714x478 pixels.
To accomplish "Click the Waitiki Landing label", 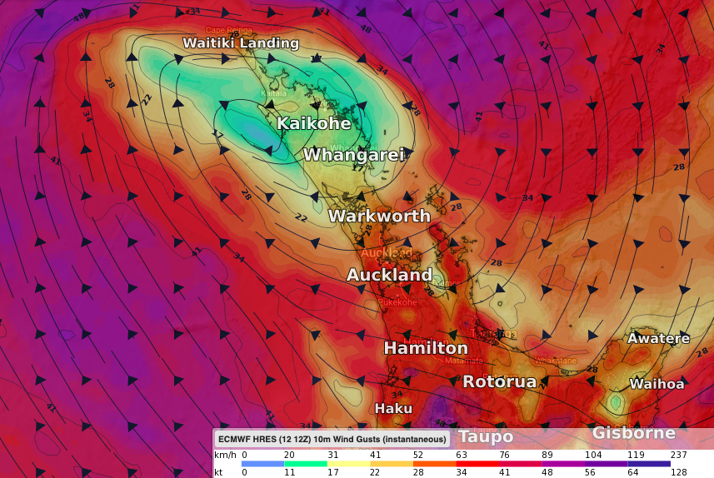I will click(241, 43).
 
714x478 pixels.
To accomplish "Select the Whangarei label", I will click(353, 155).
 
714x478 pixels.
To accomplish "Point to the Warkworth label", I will click(379, 216).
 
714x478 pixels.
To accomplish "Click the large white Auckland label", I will click(389, 275).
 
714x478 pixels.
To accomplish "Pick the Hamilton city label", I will click(425, 348).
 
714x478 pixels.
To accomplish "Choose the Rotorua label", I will click(499, 381).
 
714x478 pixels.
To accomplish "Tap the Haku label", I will click(393, 408).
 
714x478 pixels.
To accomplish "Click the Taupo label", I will click(486, 436).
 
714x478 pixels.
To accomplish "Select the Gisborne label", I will click(633, 433).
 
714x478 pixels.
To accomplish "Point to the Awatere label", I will click(658, 338).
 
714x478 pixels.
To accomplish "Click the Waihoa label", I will click(657, 384).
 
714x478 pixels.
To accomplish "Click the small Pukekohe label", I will click(397, 302).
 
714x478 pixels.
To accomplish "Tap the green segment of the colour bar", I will click(305, 464).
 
